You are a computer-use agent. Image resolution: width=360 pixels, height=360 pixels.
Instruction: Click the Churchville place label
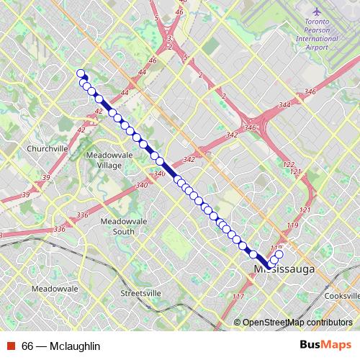pyautogui.click(x=47, y=148)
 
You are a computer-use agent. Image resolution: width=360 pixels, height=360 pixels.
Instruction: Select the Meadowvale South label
pyautogui.click(x=117, y=226)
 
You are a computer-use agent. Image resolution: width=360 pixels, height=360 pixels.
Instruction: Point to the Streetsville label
pyautogui.click(x=140, y=293)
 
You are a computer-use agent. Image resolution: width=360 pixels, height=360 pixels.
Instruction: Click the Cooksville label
pyautogui.click(x=342, y=296)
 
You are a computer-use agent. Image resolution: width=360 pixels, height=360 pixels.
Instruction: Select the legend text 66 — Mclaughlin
pyautogui.click(x=60, y=346)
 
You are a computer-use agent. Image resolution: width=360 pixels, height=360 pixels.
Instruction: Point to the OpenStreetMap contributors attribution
pyautogui.click(x=297, y=323)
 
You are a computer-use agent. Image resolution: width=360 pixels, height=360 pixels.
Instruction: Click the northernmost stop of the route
pyautogui.click(x=81, y=73)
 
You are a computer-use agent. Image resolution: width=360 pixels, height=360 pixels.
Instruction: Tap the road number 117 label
pyautogui.click(x=238, y=297)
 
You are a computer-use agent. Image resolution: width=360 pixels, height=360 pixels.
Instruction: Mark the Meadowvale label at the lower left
pyautogui.click(x=55, y=288)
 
